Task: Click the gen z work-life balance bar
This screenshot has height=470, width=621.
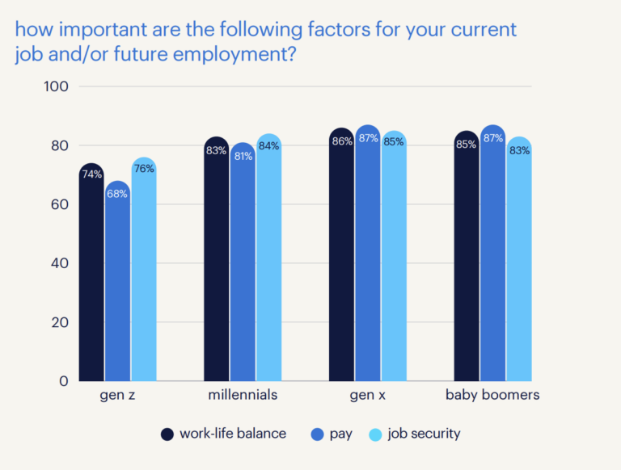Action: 91,275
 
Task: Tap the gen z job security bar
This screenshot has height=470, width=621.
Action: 143,271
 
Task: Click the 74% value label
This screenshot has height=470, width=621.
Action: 91,174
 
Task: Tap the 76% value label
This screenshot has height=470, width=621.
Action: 143,168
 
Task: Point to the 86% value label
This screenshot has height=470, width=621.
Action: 342,141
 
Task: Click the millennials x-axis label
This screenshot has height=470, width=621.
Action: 243,396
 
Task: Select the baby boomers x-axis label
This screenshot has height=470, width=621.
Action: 492,396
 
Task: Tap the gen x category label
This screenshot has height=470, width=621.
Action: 368,396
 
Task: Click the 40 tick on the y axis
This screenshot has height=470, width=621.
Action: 61,263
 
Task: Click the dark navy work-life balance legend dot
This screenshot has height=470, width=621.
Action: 167,434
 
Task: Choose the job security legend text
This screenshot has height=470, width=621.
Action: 424,434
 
